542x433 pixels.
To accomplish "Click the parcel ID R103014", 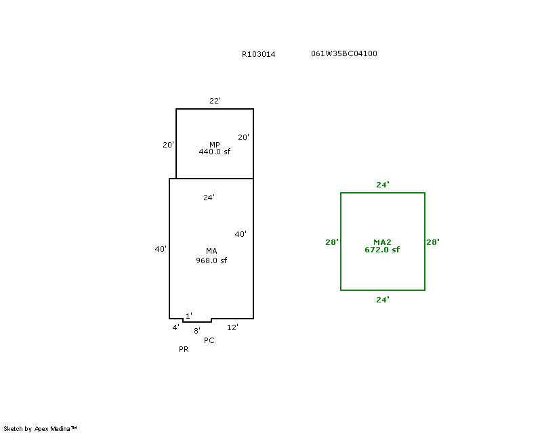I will coord(258,54).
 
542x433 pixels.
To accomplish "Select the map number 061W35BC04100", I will coord(344,53).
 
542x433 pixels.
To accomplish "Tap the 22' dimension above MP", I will coord(215,101).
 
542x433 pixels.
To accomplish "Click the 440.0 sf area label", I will coord(214,152).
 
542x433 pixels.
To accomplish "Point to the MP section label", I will coord(214,145).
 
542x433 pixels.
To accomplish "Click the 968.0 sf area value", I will coord(211,260).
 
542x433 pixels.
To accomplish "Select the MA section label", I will coord(211,252).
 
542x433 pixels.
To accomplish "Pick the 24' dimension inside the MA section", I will coord(209,198).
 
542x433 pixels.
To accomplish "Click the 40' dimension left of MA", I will coord(161,249).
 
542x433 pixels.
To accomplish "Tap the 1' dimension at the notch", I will coord(189,316).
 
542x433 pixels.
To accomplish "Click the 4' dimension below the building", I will coord(175,327).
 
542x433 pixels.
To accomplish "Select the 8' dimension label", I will coord(197,331).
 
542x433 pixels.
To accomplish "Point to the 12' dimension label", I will coord(232,327).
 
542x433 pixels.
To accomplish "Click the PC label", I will coord(209,340).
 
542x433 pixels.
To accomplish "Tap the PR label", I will coord(184,350).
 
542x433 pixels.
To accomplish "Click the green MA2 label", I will coord(382,242).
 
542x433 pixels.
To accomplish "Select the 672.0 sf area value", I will coord(382,250).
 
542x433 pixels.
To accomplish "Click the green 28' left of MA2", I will coord(332,242).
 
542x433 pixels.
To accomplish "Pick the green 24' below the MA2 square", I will coord(383,299).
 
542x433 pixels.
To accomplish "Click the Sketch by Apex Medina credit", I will coord(41,428).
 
